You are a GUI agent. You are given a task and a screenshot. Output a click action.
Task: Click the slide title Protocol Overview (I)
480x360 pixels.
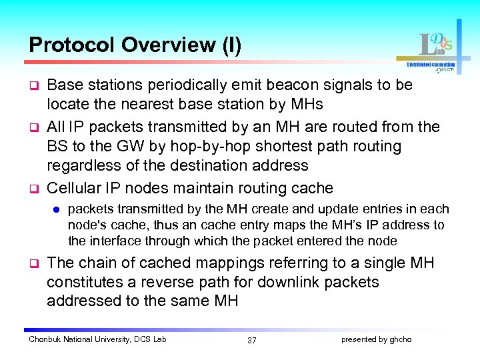[135, 45]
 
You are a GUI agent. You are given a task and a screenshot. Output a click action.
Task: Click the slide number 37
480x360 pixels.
[251, 340]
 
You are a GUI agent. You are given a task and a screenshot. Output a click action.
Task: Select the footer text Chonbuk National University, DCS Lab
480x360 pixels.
[97, 339]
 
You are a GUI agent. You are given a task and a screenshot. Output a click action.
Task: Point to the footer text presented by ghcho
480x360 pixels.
[376, 339]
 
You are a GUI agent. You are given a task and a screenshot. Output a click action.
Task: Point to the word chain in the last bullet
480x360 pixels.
[97, 263]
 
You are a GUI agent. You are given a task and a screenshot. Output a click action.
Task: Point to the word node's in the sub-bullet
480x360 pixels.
[89, 225]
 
